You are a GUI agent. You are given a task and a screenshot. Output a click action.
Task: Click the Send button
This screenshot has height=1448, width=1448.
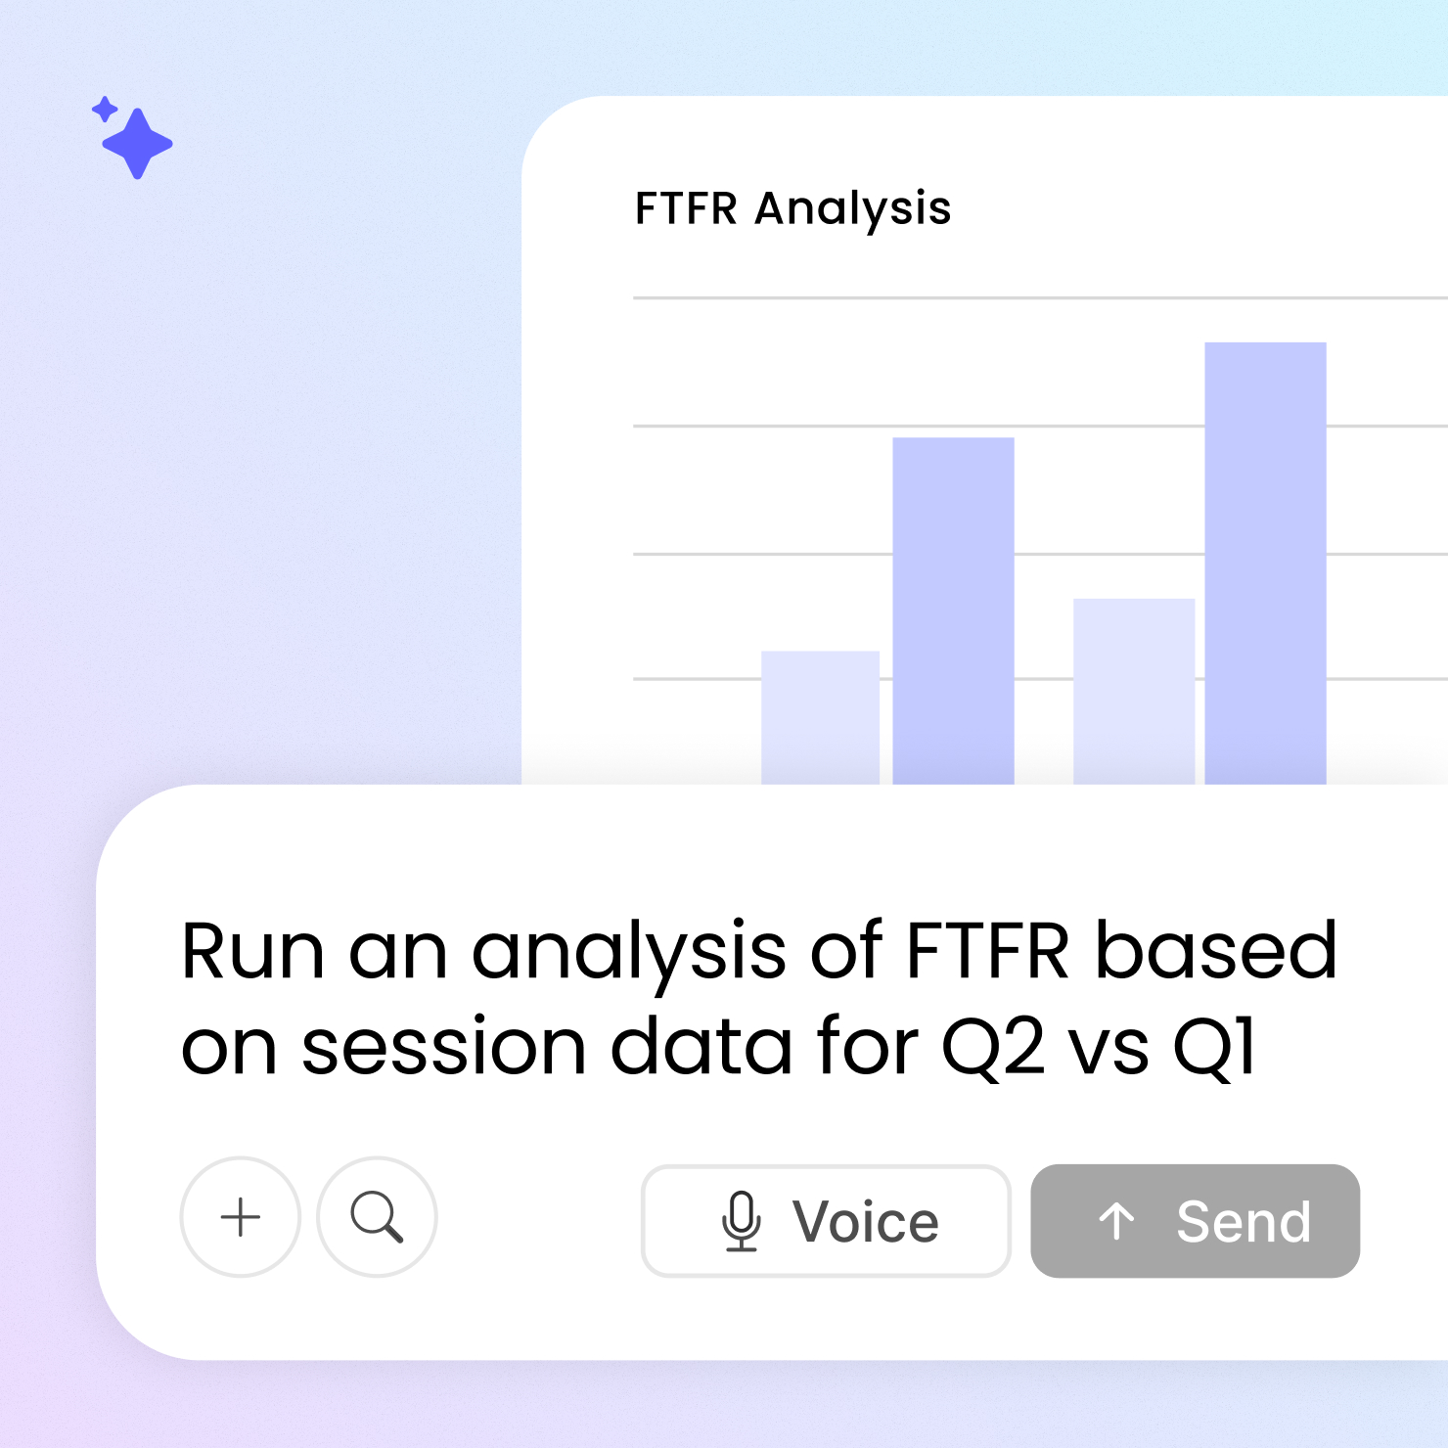(x=1195, y=1220)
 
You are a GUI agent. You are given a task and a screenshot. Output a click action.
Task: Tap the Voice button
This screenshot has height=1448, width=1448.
(x=826, y=1220)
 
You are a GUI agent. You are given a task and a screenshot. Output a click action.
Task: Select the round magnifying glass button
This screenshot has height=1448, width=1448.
(x=377, y=1217)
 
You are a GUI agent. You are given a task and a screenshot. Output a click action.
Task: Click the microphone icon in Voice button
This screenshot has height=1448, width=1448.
(x=742, y=1221)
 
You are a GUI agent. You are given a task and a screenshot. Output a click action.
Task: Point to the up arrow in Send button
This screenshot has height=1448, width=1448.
(x=1116, y=1221)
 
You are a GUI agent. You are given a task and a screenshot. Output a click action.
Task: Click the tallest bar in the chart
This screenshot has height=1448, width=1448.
(x=1265, y=564)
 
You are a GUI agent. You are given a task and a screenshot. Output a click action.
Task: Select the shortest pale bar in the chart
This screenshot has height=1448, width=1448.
(x=820, y=718)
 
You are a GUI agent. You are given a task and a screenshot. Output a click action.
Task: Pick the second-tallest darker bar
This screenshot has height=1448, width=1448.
(x=953, y=611)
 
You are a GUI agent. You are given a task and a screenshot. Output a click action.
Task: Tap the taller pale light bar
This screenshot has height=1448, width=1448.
(x=1134, y=692)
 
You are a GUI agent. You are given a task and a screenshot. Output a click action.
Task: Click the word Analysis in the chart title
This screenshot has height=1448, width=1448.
(x=852, y=209)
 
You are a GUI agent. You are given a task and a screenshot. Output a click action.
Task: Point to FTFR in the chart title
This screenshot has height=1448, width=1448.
(x=686, y=208)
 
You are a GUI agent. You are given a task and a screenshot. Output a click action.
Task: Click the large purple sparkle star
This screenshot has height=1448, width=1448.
(x=138, y=143)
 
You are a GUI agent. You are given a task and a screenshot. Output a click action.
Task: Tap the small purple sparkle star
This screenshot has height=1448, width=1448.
(x=105, y=109)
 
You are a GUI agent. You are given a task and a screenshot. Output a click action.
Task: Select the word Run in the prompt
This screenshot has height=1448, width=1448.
(x=252, y=951)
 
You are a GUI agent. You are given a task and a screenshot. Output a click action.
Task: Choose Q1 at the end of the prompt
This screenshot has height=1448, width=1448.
(x=1213, y=1048)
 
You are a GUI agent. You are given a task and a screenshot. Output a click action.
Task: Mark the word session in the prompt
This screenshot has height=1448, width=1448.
(x=444, y=1048)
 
